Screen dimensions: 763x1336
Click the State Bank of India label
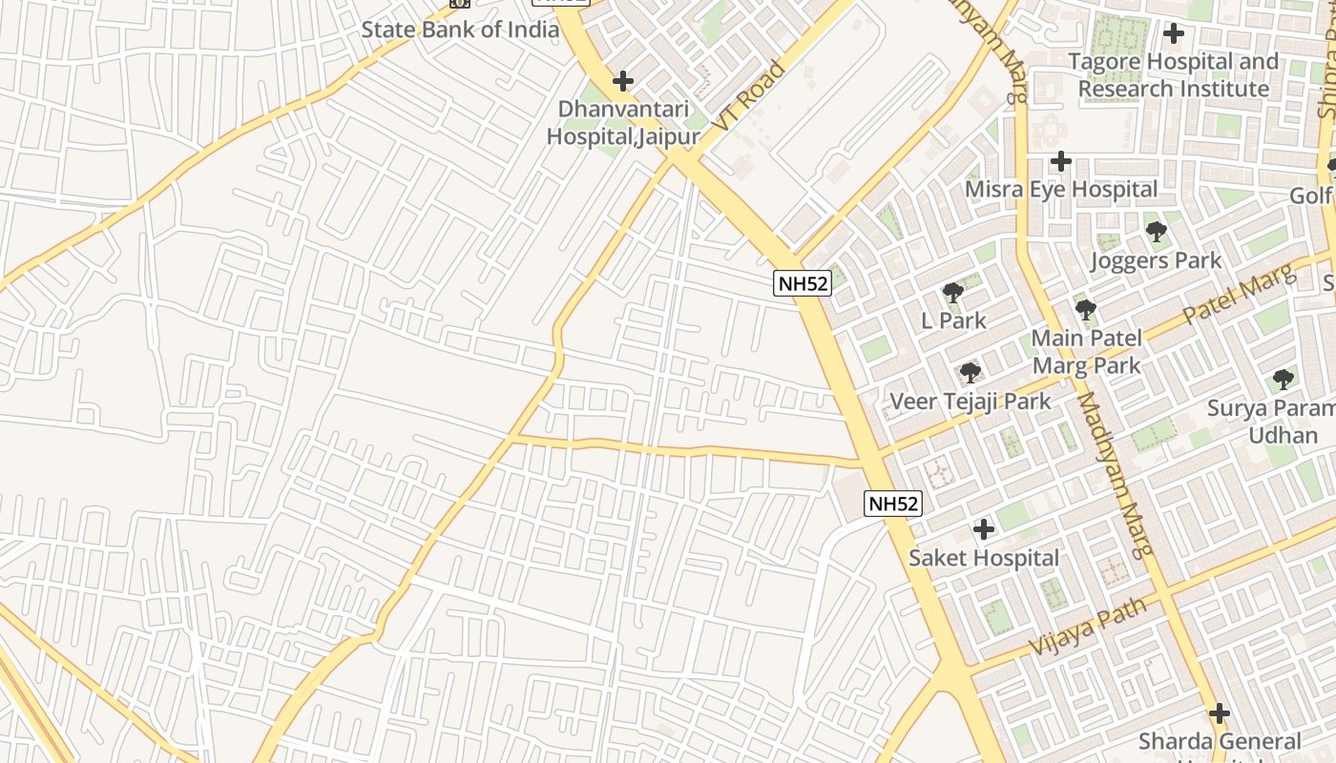[x=460, y=30]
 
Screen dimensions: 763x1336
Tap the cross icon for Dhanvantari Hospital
[x=623, y=81]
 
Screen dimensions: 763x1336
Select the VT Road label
[x=749, y=96]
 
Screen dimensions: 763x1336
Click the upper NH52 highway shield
[x=802, y=282]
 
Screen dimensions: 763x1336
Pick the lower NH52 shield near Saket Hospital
[x=894, y=504]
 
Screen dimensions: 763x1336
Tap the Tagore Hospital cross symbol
[x=1174, y=33]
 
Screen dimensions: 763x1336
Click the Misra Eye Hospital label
[x=1061, y=189]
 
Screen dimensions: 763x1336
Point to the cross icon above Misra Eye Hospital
[x=1060, y=161]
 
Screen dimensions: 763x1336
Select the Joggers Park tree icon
[x=1156, y=232]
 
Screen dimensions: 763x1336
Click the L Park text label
[x=953, y=320]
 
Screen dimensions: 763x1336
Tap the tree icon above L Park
[x=952, y=293]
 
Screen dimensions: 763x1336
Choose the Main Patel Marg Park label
[x=1086, y=351]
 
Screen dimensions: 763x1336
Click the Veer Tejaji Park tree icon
[x=971, y=373]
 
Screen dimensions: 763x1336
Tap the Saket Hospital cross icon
[x=984, y=529]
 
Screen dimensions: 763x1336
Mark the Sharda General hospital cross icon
[x=1219, y=713]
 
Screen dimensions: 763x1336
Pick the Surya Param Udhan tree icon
[x=1284, y=380]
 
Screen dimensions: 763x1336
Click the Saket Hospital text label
[x=984, y=558]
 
